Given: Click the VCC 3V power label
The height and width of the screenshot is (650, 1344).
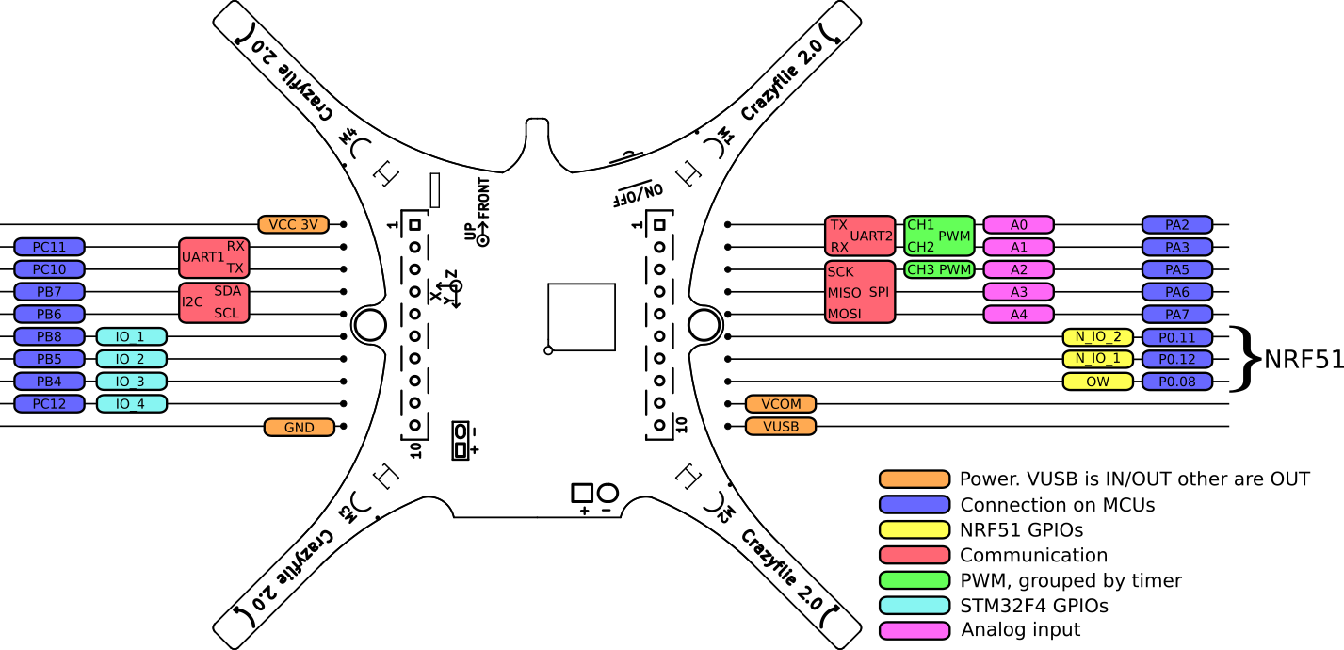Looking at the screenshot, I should pyautogui.click(x=293, y=224).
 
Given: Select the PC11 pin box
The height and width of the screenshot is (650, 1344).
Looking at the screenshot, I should pyautogui.click(x=50, y=247).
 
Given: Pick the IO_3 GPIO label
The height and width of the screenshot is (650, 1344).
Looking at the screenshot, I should pyautogui.click(x=131, y=382).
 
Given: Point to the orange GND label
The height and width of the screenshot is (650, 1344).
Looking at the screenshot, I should pyautogui.click(x=300, y=428).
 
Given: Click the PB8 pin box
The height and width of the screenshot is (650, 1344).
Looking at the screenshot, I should pyautogui.click(x=50, y=336).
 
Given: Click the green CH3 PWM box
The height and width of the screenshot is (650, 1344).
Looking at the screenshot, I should pyautogui.click(x=938, y=269).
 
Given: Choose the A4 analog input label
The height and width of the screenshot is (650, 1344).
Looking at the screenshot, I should pyautogui.click(x=1018, y=315).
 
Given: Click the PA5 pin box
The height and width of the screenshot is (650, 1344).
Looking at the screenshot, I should pyautogui.click(x=1176, y=269).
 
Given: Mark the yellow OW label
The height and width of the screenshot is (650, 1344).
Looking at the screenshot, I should pyautogui.click(x=1097, y=382).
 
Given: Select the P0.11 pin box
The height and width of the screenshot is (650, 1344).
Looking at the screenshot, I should pyautogui.click(x=1176, y=337).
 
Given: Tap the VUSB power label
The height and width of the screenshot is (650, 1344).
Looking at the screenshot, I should pyautogui.click(x=781, y=427).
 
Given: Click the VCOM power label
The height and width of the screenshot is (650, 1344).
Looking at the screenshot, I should pyautogui.click(x=781, y=404).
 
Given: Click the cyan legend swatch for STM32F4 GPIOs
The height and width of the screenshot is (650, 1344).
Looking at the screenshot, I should pyautogui.click(x=914, y=606).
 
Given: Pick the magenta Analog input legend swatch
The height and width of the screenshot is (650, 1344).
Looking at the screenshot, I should pyautogui.click(x=914, y=630).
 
